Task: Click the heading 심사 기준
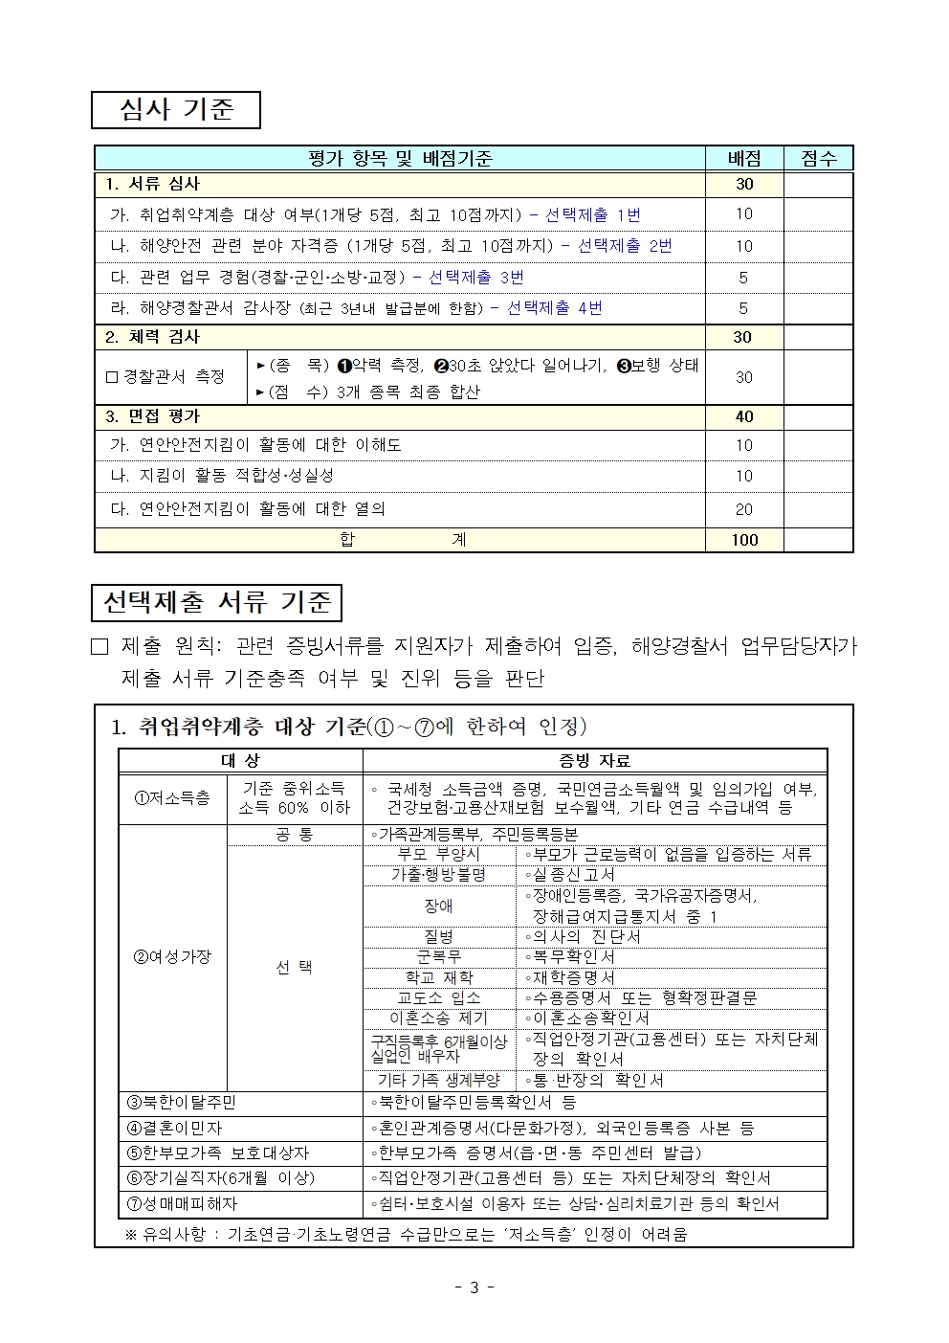pos(176,109)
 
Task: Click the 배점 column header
pos(744,159)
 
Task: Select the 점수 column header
pos(818,159)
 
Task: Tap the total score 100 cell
pos(744,540)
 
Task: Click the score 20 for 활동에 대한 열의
pos(744,509)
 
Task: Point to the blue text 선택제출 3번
pos(476,278)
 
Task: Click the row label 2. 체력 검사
pos(153,337)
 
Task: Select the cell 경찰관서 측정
pos(170,377)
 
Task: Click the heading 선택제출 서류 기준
pos(216,602)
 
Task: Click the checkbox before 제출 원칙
pos(100,647)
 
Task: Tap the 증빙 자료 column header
pos(594,761)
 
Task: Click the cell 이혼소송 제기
pos(438,1018)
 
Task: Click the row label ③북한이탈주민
pos(182,1103)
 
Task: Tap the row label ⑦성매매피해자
pos(182,1203)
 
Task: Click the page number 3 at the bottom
pos(474,1287)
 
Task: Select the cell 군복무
pos(438,956)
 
